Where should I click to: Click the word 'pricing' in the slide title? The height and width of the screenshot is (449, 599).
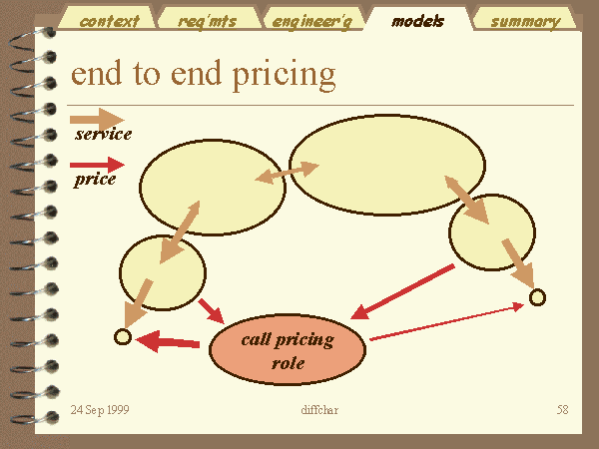pyautogui.click(x=284, y=75)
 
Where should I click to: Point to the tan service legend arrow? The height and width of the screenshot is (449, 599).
pyautogui.click(x=97, y=120)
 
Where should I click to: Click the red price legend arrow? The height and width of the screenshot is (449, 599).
pyautogui.click(x=97, y=165)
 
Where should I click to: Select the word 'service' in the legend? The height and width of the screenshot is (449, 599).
pyautogui.click(x=103, y=134)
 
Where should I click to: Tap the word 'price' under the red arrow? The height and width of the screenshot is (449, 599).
pyautogui.click(x=95, y=180)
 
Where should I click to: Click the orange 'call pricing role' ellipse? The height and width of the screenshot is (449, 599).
pyautogui.click(x=288, y=349)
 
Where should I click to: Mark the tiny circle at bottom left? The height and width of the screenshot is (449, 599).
pyautogui.click(x=123, y=337)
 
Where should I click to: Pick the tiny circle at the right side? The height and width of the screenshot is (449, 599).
pyautogui.click(x=537, y=297)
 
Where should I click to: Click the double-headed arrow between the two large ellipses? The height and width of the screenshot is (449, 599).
pyautogui.click(x=287, y=173)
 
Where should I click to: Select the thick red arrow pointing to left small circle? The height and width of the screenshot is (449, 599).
pyautogui.click(x=168, y=341)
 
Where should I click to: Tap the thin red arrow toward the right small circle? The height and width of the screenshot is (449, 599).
pyautogui.click(x=447, y=321)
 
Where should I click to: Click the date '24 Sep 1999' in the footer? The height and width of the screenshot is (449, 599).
pyautogui.click(x=100, y=410)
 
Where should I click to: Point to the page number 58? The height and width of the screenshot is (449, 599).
pyautogui.click(x=562, y=410)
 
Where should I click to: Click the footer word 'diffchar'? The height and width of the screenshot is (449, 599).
pyautogui.click(x=319, y=410)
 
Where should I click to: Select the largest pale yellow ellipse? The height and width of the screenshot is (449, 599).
pyautogui.click(x=387, y=165)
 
